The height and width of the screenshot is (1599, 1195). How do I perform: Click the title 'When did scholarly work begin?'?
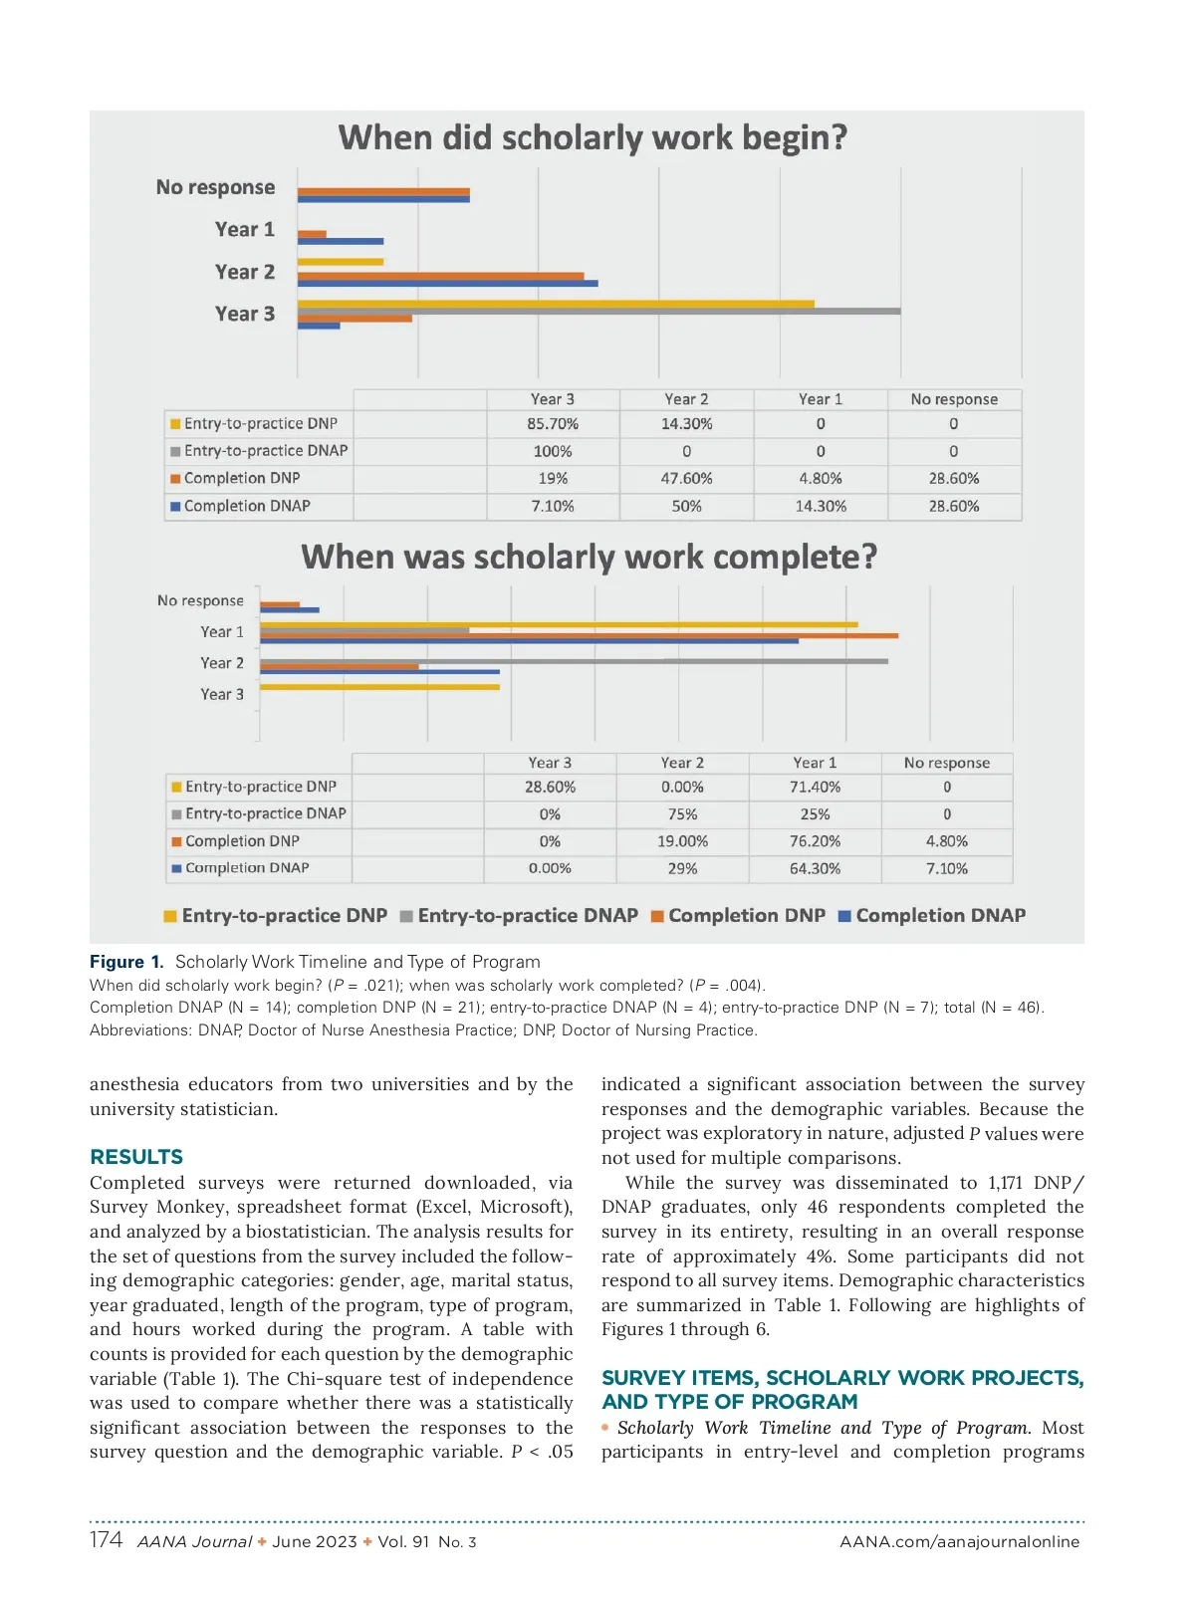(593, 137)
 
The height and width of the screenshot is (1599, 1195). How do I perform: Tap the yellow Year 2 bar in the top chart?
(340, 262)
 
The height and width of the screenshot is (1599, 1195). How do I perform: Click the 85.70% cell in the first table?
(553, 424)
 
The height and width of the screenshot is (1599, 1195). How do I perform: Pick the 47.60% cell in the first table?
(686, 479)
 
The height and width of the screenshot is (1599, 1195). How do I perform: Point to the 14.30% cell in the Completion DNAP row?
(820, 506)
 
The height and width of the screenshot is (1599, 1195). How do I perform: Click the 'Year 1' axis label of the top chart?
(244, 230)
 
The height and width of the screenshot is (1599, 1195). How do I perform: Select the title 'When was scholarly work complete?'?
(589, 557)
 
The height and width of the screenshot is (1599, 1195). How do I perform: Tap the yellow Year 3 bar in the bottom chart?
(379, 687)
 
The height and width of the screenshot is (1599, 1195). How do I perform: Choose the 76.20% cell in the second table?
(815, 841)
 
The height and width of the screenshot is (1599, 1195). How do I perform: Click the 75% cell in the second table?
(682, 814)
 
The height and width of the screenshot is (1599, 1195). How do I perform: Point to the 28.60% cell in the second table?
(550, 787)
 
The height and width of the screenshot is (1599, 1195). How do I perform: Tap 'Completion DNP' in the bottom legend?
(746, 916)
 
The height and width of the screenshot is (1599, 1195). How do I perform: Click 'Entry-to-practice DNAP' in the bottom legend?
(527, 916)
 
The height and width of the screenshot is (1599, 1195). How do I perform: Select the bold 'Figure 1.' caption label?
(126, 962)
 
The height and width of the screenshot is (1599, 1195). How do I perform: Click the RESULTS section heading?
(136, 1157)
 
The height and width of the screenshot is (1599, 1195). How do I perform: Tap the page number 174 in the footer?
(106, 1540)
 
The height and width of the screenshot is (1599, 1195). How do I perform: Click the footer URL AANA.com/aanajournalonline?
(959, 1542)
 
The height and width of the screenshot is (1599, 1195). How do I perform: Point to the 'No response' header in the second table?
(946, 763)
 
